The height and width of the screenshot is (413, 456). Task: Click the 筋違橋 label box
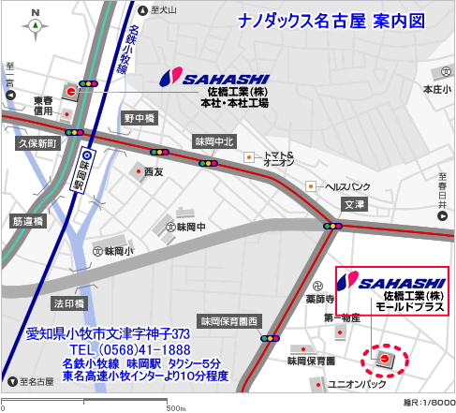(x=28, y=221)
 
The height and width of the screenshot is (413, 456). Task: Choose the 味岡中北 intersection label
(x=213, y=140)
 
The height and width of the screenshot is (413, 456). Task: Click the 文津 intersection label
(x=354, y=203)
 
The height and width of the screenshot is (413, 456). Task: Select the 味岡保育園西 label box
(x=227, y=319)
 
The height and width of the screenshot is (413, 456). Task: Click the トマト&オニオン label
(x=279, y=159)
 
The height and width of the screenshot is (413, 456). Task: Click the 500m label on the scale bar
(x=175, y=407)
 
